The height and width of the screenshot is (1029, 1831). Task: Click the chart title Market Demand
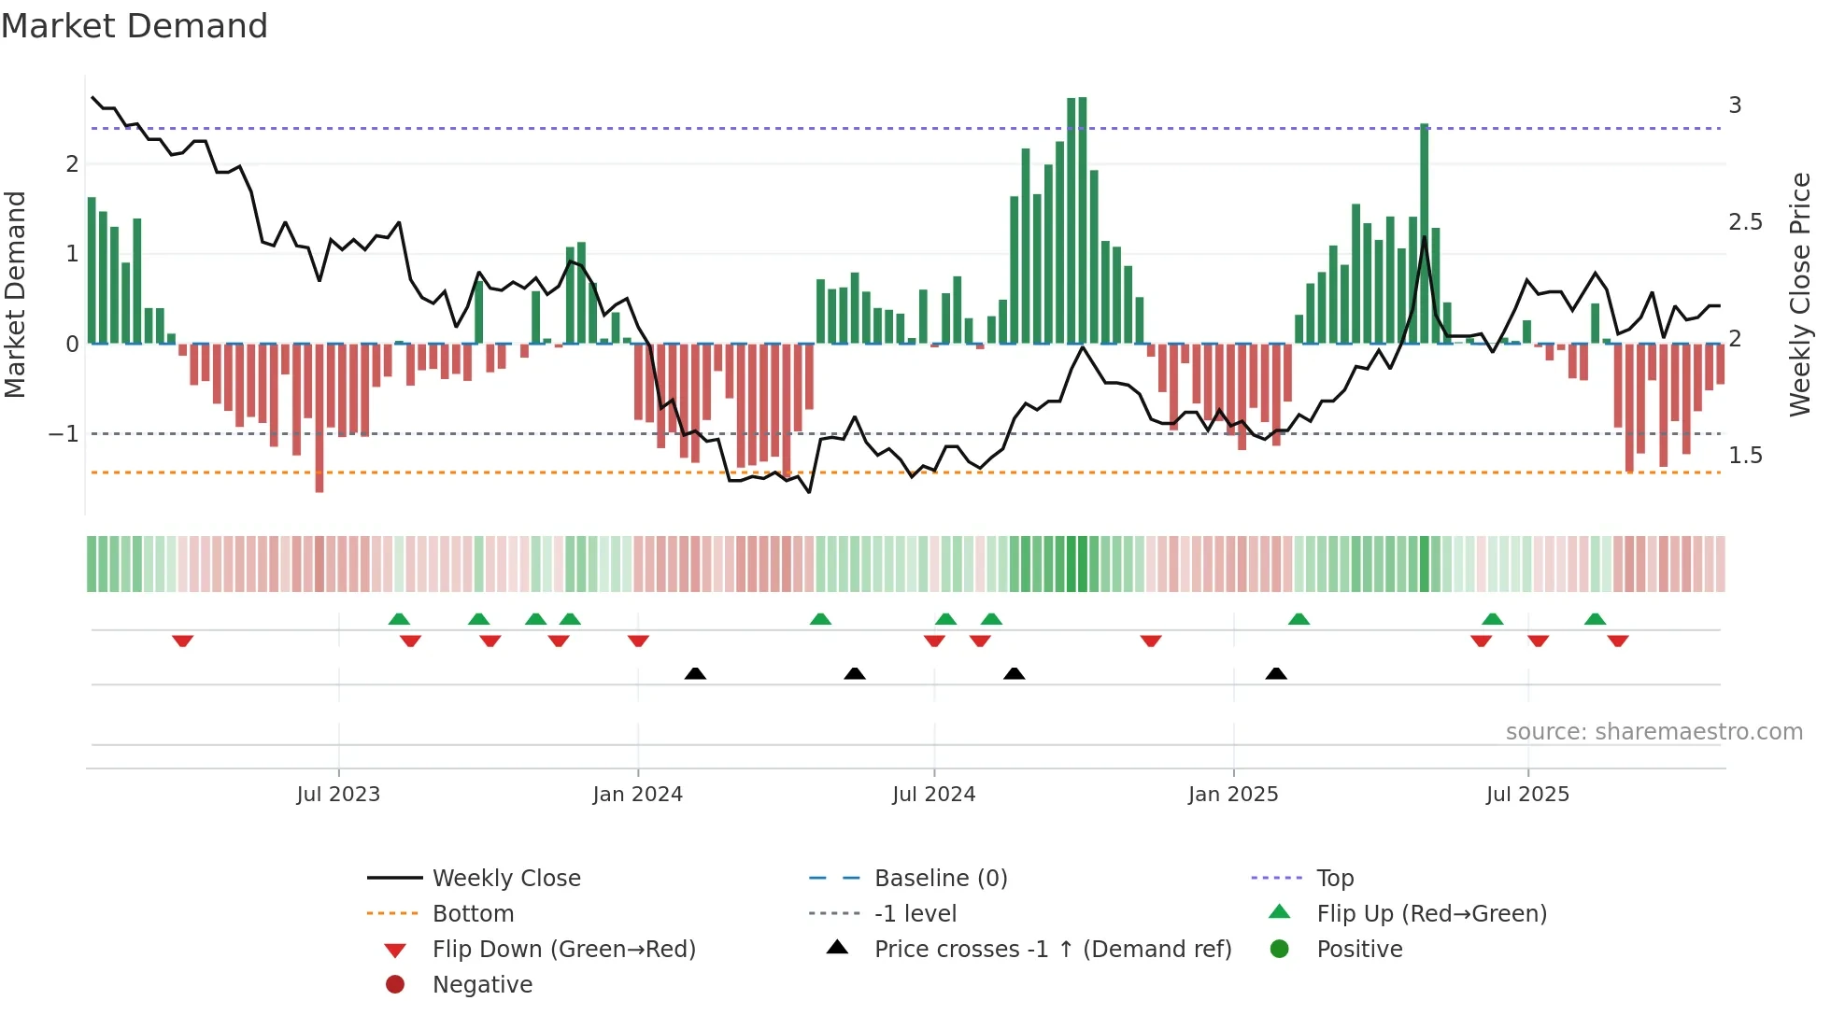pos(135,26)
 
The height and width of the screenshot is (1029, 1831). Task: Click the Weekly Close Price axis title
pos(1799,294)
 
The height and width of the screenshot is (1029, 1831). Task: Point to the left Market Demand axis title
pos(15,294)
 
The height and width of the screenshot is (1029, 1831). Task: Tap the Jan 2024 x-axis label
pos(637,795)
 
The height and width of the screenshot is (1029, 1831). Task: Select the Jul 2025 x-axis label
pos(1527,795)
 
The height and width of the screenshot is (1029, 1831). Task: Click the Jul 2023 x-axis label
pos(338,795)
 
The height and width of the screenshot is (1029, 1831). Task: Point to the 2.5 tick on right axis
pos(1745,222)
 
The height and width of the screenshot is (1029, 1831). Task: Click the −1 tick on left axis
pos(64,434)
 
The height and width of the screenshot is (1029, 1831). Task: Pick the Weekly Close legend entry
pos(505,879)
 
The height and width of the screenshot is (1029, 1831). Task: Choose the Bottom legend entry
pos(473,914)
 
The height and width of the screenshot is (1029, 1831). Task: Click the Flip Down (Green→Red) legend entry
pos(563,950)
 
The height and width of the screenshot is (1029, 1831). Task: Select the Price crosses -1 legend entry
pos(1052,950)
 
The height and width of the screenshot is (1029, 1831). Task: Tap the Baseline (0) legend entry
pos(940,879)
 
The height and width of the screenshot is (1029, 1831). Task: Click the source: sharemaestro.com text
pos(1654,732)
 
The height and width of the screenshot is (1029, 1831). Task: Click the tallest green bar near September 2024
pos(1077,219)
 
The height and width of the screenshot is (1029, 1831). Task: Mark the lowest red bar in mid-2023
pos(319,418)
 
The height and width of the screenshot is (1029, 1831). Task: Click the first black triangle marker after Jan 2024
pos(695,673)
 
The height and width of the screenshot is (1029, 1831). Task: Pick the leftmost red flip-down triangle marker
pos(183,641)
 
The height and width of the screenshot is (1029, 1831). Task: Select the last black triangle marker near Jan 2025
pos(1276,673)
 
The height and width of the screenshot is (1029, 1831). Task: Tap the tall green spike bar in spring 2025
pos(1424,233)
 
